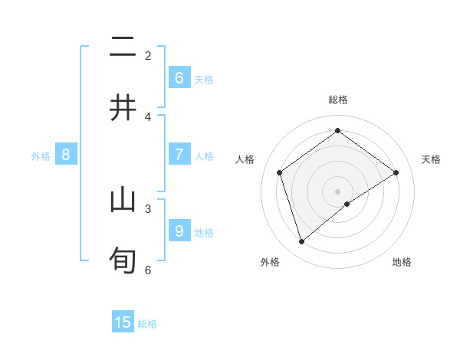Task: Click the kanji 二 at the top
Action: coord(123,47)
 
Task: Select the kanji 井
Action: coord(123,107)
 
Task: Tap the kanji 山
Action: coord(123,201)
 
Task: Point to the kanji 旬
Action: coord(123,260)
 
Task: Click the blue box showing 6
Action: coord(179,78)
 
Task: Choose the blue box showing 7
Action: coord(179,155)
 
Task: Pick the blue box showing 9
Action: coord(179,231)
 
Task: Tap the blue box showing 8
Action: coord(65,155)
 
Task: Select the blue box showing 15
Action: coord(123,322)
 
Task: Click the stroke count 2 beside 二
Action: coord(148,55)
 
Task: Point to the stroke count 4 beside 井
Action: coord(148,116)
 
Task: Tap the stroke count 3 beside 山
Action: coord(148,208)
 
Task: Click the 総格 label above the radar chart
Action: coord(338,100)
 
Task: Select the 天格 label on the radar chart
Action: coord(431,159)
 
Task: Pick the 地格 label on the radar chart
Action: coord(402,262)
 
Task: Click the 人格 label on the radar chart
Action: coord(245,159)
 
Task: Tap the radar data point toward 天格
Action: coord(396,172)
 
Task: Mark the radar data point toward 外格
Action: coord(301,242)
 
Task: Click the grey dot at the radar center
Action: coord(338,191)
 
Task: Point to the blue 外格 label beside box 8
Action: coord(41,156)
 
